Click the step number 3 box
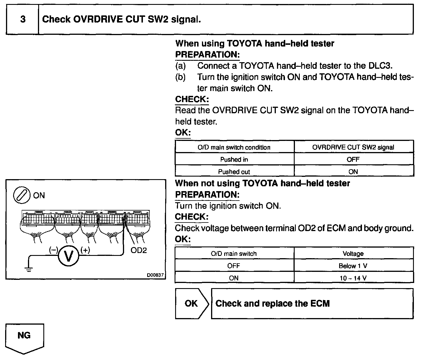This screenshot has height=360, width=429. coord(23,19)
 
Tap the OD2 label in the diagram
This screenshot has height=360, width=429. coord(138,250)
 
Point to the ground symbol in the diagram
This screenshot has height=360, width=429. coord(29,269)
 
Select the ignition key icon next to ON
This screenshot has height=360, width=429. coord(22,195)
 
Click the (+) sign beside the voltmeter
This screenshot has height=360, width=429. coord(85,250)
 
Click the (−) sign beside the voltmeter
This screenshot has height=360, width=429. coord(53,250)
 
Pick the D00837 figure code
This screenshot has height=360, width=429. coord(155,275)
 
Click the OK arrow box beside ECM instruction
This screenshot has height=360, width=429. coord(192,303)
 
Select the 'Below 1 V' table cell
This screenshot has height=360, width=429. coord(353,266)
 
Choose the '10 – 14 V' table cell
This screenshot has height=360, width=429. coord(353,278)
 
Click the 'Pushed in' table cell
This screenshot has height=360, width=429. coord(234,159)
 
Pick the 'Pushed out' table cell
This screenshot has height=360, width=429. coord(234,172)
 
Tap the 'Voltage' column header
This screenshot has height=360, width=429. coord(353,254)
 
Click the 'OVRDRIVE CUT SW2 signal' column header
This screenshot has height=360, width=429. coord(353,147)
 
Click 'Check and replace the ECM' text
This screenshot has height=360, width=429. coord(272,303)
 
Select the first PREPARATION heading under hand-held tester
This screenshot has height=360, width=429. coord(207,54)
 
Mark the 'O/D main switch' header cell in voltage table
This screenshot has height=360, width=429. coord(234,254)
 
